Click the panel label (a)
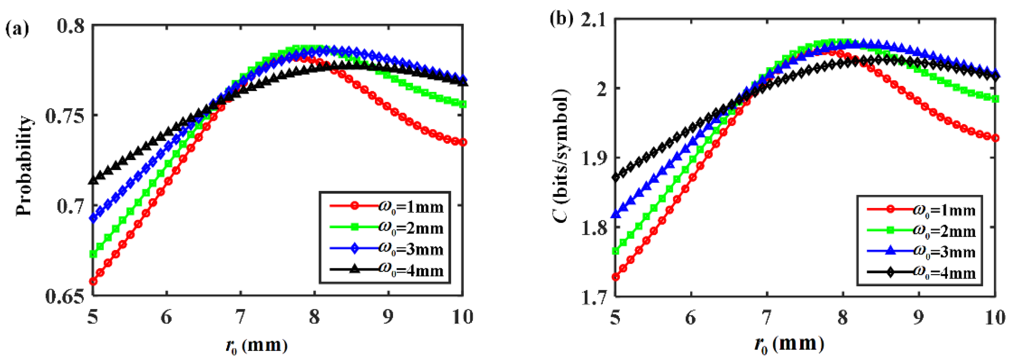[x=17, y=29]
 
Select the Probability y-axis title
[x=23, y=166]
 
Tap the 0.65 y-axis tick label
[x=65, y=296]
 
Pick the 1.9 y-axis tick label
[x=594, y=158]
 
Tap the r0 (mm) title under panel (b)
[x=789, y=345]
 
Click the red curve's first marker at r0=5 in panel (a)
[x=93, y=281]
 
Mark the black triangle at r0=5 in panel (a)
[x=93, y=180]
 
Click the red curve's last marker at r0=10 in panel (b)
[x=995, y=138]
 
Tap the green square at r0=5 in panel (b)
[x=615, y=251]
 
